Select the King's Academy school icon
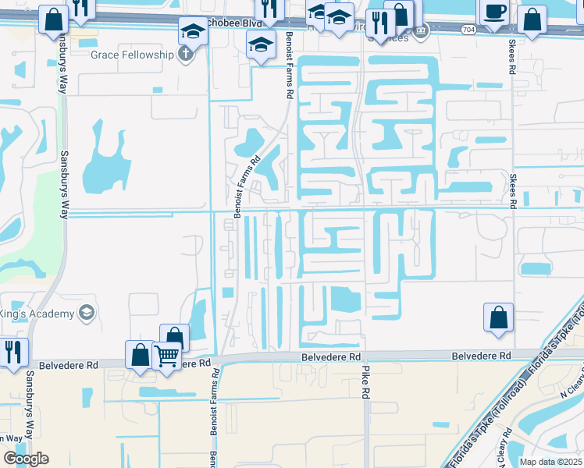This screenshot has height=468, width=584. pos(87,314)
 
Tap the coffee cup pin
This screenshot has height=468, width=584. pos(493,12)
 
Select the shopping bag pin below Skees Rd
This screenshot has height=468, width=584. pos(498,318)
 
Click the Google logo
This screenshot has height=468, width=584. pos(26,459)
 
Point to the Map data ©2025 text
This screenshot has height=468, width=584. pos(550,462)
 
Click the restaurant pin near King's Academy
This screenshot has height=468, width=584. pos(13,352)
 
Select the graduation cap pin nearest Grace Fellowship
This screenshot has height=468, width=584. pos(192,32)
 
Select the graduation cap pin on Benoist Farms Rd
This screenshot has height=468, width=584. pos(262,44)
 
